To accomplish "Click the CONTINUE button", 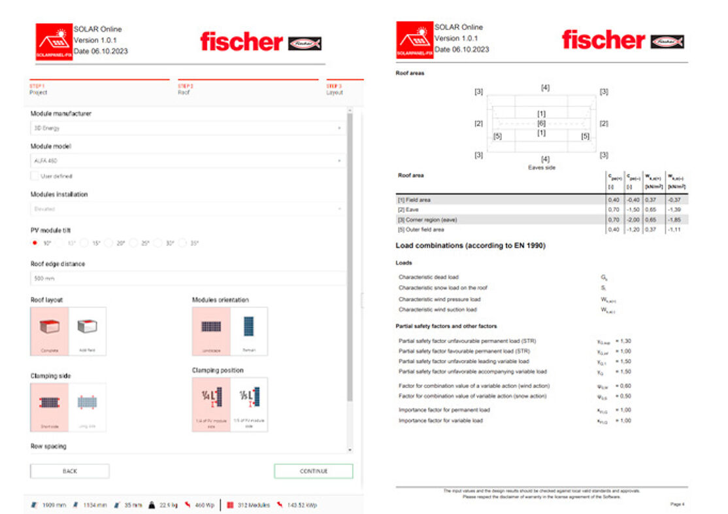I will point(313,471).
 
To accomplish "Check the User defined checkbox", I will point(35,176).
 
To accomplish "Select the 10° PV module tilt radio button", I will point(35,243).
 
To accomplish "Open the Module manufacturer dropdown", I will point(188,128).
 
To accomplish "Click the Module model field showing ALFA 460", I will point(188,160).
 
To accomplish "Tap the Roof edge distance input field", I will point(188,278).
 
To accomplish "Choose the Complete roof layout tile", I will point(50,331).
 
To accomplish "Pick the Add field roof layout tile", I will point(87,331).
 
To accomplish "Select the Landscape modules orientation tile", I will point(211,331).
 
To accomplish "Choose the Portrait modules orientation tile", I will point(249,331).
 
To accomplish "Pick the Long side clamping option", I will point(87,407).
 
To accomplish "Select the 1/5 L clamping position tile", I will point(249,404).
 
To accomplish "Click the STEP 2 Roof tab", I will point(186,89).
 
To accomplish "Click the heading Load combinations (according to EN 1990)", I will point(471,246).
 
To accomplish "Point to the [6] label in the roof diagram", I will point(541,123).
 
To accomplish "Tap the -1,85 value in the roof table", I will point(674,220).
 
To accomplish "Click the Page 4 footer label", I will point(676,504).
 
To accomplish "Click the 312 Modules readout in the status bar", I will point(249,505).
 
